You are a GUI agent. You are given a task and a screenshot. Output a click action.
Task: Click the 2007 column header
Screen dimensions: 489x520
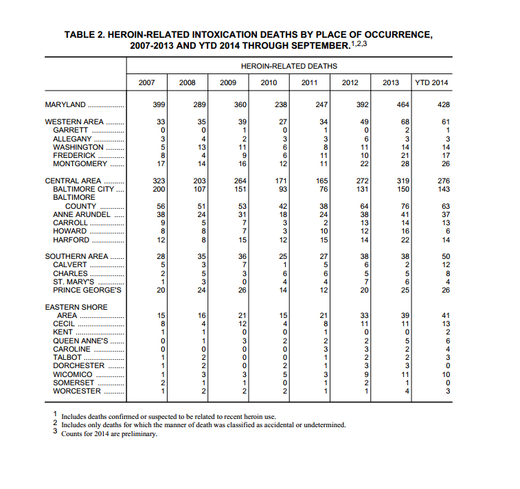146,83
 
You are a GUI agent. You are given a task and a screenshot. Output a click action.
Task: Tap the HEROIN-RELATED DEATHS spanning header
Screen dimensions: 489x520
289,67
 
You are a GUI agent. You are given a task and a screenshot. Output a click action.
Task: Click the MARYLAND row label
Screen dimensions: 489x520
66,105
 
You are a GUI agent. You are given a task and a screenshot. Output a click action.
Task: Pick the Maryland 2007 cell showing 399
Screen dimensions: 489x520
158,105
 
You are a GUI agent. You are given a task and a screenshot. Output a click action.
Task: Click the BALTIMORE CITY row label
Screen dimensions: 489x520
79,190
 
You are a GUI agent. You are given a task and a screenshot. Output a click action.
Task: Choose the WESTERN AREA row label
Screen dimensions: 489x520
75,122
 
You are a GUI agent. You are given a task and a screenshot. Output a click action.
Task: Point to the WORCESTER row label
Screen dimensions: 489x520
77,391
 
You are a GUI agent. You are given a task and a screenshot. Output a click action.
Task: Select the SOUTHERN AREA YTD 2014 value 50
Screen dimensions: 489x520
444,257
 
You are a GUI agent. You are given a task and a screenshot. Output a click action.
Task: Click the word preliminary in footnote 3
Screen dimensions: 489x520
139,434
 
